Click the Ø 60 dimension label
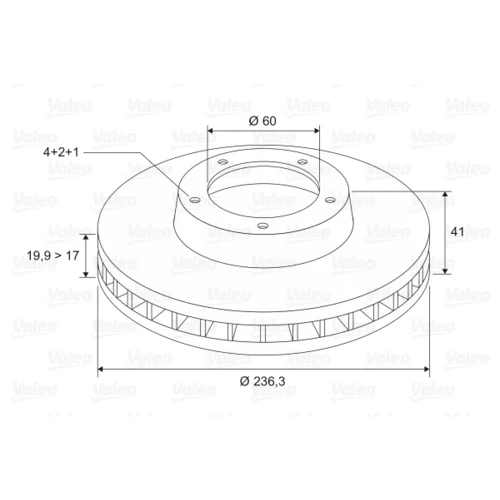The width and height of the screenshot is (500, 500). (263, 121)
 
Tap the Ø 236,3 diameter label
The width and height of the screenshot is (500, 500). (263, 381)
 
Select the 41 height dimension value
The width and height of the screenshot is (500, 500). (457, 231)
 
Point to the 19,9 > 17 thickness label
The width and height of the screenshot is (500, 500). (53, 256)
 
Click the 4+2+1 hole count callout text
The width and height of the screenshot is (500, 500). (61, 152)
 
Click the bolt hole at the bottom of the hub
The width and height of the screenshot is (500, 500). (263, 226)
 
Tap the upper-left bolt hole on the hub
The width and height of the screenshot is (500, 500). (223, 162)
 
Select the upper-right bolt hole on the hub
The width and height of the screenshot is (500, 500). (302, 162)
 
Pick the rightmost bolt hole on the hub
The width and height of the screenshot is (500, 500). (330, 200)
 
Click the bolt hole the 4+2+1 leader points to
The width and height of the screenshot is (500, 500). (194, 200)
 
